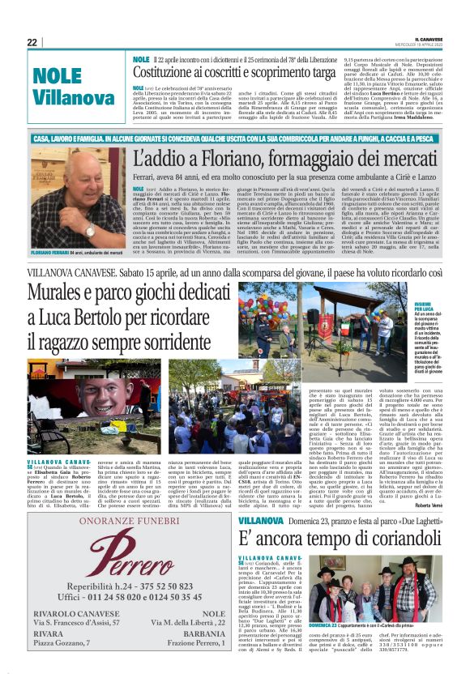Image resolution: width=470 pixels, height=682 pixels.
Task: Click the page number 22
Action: pyautogui.click(x=32, y=42)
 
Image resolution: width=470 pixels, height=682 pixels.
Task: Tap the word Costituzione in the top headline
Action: pyautogui.click(x=179, y=73)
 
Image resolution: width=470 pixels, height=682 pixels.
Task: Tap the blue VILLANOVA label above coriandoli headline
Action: pyautogui.click(x=261, y=519)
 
